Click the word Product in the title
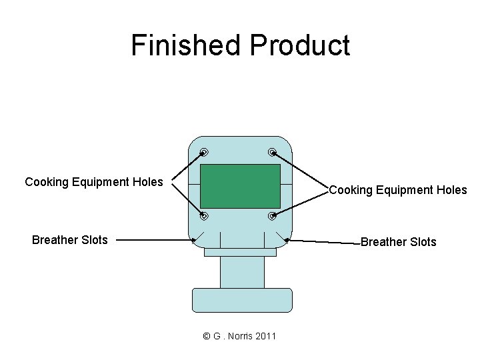(x=299, y=45)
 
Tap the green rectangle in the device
(x=240, y=186)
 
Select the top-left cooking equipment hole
(x=205, y=151)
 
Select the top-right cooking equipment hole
(x=273, y=151)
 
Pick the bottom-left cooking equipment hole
(x=205, y=216)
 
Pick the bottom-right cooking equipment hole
(x=273, y=216)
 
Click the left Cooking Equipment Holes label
(x=93, y=182)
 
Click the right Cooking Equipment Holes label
(x=398, y=190)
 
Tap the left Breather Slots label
(x=69, y=240)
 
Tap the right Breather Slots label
(x=398, y=242)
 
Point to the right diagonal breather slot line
(x=280, y=238)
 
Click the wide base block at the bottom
(x=241, y=300)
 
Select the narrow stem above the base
(x=241, y=272)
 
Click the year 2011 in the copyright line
(x=265, y=336)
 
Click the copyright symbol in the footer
(x=206, y=336)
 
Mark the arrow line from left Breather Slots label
(x=153, y=240)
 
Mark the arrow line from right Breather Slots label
(x=323, y=241)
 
